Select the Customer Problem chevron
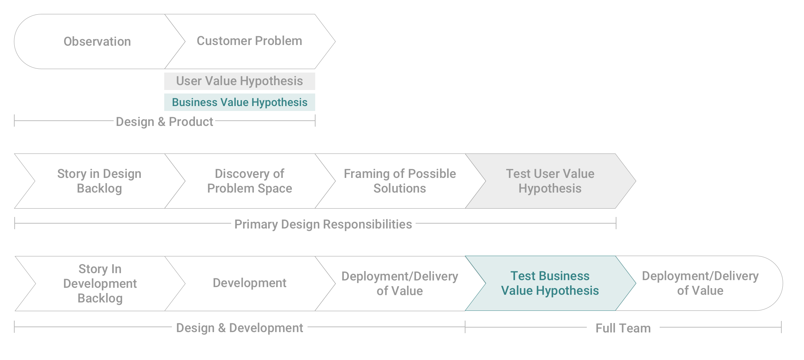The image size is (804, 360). pyautogui.click(x=250, y=41)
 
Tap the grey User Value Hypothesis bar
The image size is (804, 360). pyautogui.click(x=240, y=81)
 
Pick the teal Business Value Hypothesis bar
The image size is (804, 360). pyautogui.click(x=240, y=102)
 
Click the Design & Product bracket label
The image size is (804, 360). pyautogui.click(x=164, y=122)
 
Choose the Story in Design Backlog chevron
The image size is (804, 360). pyautogui.click(x=99, y=181)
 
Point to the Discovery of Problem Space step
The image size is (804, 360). pyautogui.click(x=250, y=181)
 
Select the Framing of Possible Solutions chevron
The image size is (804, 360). pyautogui.click(x=400, y=181)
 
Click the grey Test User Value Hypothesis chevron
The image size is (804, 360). pyautogui.click(x=550, y=181)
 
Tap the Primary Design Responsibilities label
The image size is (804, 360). pyautogui.click(x=323, y=224)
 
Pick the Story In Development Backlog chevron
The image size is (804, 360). pyautogui.click(x=100, y=284)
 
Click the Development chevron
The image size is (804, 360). pyautogui.click(x=250, y=283)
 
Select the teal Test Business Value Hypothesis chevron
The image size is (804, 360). pyautogui.click(x=550, y=283)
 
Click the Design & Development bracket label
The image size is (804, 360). pyautogui.click(x=240, y=328)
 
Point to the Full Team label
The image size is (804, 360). pyautogui.click(x=623, y=328)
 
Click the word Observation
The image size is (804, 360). pyautogui.click(x=97, y=42)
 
